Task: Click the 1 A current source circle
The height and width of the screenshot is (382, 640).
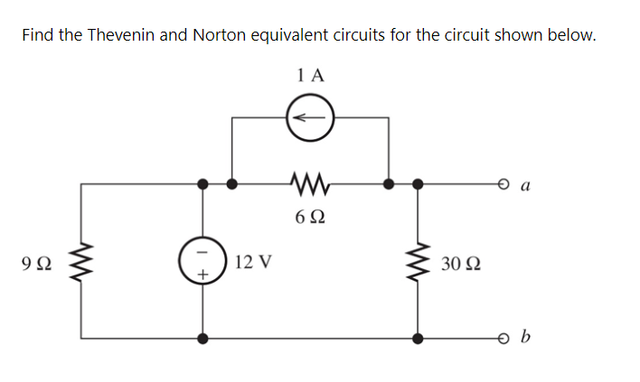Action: (310, 116)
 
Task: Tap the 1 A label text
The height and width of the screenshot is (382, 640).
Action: (309, 76)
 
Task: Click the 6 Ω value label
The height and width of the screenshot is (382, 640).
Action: (310, 217)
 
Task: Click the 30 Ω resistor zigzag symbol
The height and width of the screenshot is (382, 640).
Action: (418, 263)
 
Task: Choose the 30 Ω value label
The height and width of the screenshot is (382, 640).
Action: (461, 264)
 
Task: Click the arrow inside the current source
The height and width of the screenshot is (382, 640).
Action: (310, 116)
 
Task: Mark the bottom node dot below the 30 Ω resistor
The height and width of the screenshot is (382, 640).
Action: (418, 340)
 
